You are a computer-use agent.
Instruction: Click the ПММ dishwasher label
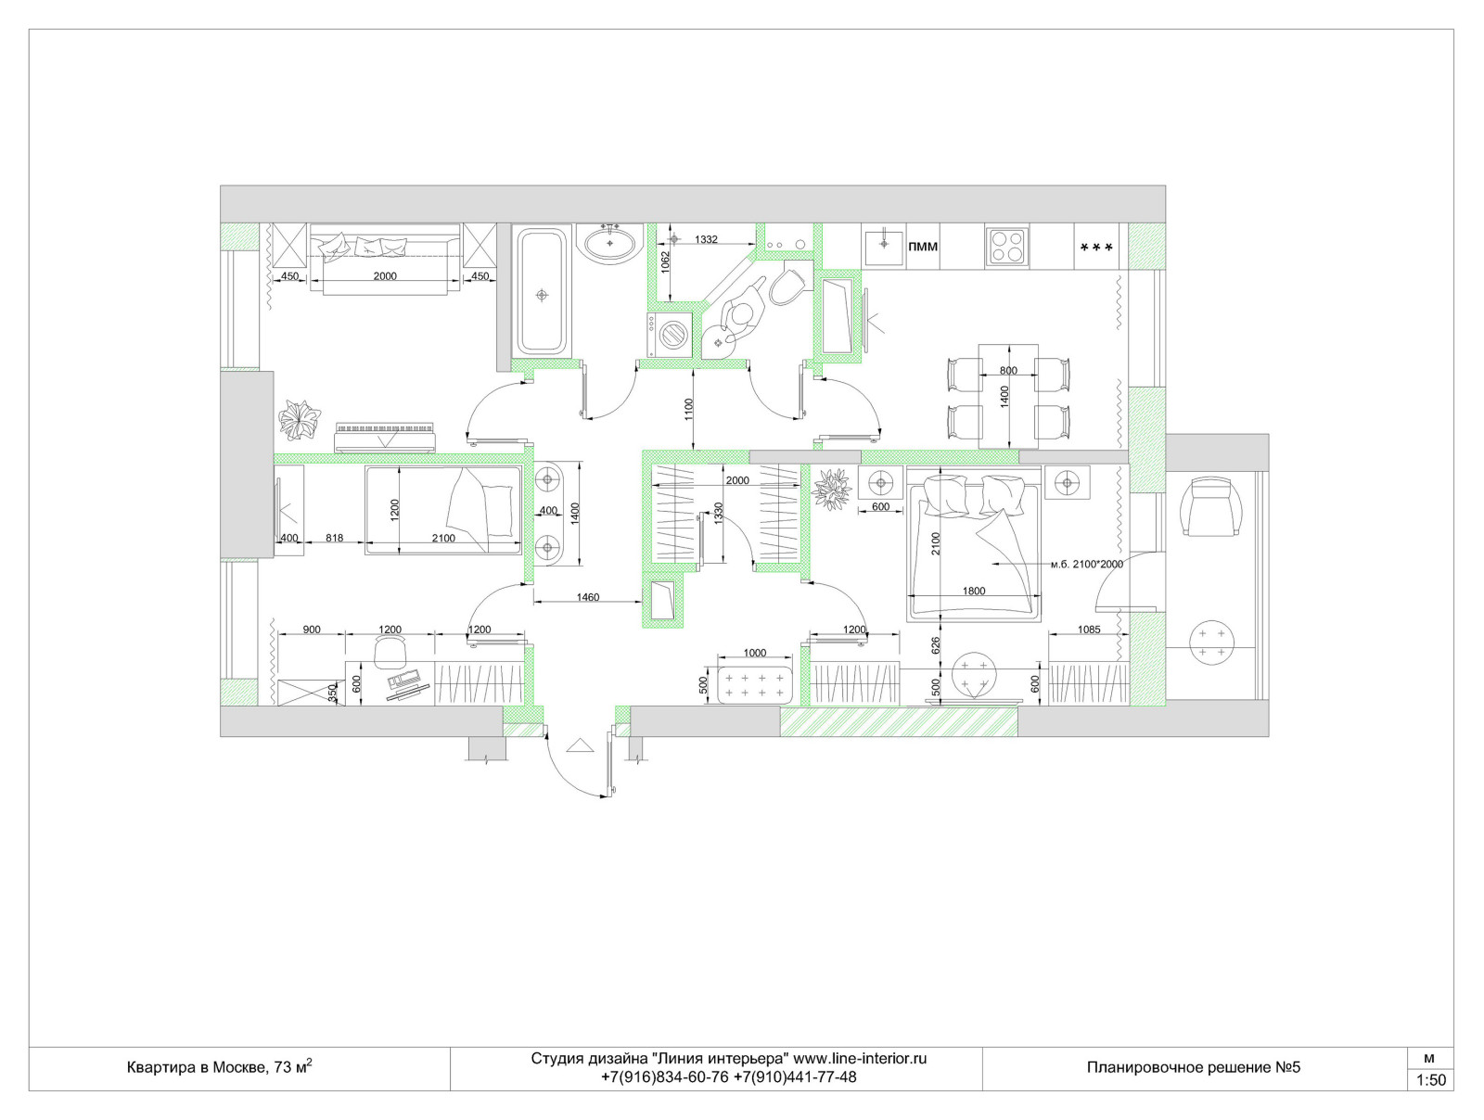click(922, 248)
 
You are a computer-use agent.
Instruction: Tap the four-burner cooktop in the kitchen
click(1006, 246)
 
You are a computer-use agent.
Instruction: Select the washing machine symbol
click(671, 334)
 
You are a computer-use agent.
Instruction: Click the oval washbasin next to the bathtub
click(609, 243)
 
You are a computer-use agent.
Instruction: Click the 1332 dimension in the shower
click(706, 239)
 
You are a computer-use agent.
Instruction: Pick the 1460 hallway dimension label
click(587, 597)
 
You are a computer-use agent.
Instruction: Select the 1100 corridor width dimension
click(688, 409)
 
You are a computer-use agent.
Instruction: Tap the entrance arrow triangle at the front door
click(580, 745)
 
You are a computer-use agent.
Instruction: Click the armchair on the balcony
click(1212, 506)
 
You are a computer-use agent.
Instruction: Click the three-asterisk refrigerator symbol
click(1096, 248)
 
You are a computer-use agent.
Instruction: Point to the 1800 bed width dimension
click(974, 592)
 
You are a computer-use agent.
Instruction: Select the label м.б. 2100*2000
click(1086, 564)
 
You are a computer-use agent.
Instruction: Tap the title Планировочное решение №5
click(1194, 1067)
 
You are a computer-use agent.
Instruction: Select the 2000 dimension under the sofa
click(385, 275)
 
